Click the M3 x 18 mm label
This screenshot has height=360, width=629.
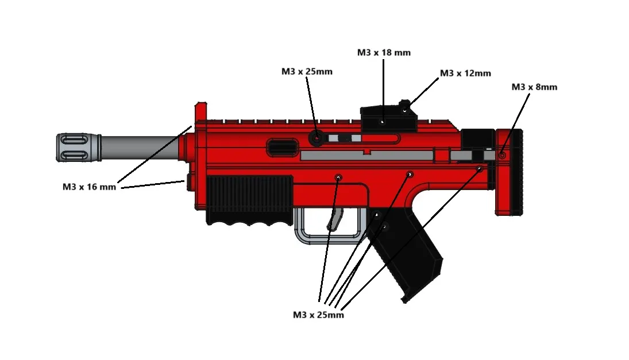[x=384, y=52]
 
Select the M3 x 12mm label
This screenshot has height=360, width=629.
[x=465, y=73]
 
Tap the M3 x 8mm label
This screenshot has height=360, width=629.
[x=534, y=87]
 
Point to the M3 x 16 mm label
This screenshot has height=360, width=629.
[x=89, y=187]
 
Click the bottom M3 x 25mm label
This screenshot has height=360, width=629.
[x=318, y=315]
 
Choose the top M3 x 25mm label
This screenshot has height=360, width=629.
[x=307, y=71]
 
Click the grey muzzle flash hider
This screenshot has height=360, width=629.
[x=79, y=148]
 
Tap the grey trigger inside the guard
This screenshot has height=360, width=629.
[x=335, y=219]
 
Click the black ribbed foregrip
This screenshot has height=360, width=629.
[x=249, y=200]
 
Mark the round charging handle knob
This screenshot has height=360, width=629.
[x=317, y=138]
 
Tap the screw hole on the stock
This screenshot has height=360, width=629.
[x=502, y=155]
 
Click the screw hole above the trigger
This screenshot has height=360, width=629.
[x=338, y=177]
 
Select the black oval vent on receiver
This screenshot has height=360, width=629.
[x=283, y=146]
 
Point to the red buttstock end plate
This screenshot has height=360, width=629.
[x=510, y=172]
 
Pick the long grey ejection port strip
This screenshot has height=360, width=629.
[x=366, y=156]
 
